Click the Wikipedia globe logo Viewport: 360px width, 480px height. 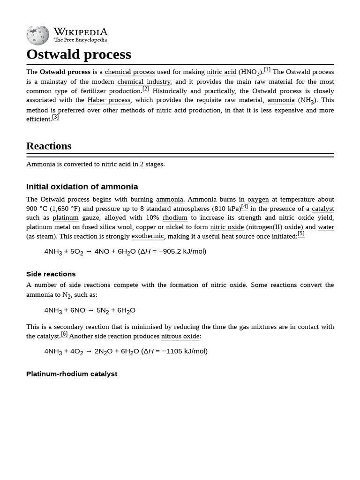[x=37, y=35]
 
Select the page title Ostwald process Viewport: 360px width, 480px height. [x=79, y=54]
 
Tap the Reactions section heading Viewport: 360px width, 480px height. [x=49, y=146]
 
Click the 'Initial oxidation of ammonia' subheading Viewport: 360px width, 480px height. [x=82, y=187]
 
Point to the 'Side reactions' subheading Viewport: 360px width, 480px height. [x=51, y=274]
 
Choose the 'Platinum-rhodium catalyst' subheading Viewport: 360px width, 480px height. [x=72, y=374]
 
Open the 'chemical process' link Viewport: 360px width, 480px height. [x=130, y=72]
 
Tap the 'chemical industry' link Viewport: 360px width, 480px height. [x=144, y=82]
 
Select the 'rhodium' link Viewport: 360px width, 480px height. [x=175, y=218]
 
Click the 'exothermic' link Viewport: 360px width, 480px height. [x=148, y=236]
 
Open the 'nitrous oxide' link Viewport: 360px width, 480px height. [x=180, y=336]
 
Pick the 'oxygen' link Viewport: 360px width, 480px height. [x=258, y=199]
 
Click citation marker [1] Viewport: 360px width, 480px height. [x=267, y=70]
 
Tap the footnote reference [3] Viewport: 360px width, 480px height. [x=55, y=117]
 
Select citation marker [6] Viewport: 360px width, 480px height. [x=64, y=334]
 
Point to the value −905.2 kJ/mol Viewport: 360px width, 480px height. [x=181, y=251]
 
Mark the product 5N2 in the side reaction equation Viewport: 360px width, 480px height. [x=103, y=310]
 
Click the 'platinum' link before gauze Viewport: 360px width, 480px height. [x=66, y=218]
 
